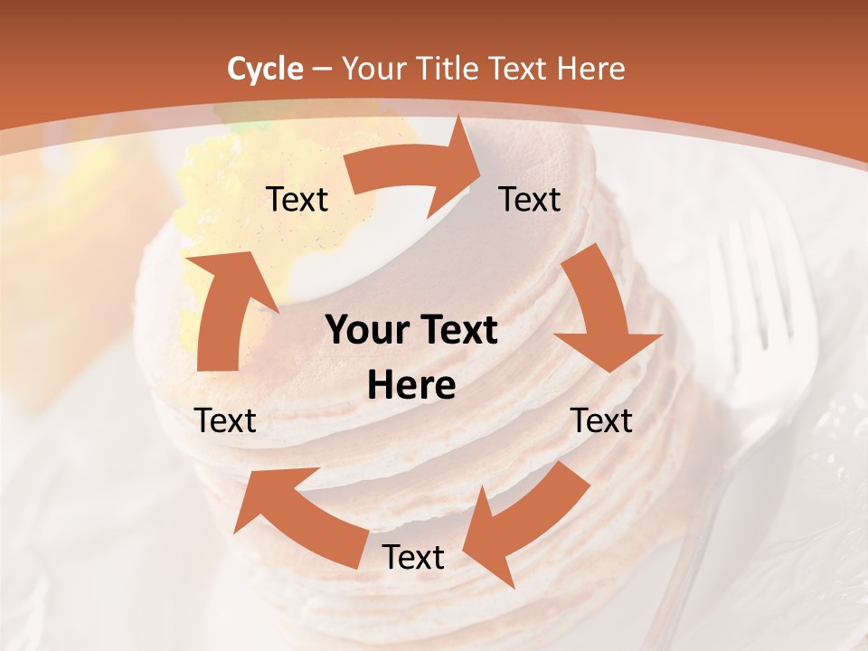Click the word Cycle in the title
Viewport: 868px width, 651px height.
(x=265, y=69)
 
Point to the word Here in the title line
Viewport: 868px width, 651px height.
(x=592, y=69)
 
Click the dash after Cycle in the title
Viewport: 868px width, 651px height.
(x=321, y=69)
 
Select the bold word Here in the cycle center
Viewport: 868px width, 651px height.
(x=411, y=386)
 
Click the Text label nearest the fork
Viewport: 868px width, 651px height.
(x=602, y=420)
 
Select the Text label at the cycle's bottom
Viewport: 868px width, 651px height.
(x=413, y=558)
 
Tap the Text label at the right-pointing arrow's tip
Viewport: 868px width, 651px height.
(x=530, y=199)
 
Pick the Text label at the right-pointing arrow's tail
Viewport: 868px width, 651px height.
(x=297, y=199)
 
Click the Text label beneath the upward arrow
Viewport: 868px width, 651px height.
(x=226, y=420)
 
